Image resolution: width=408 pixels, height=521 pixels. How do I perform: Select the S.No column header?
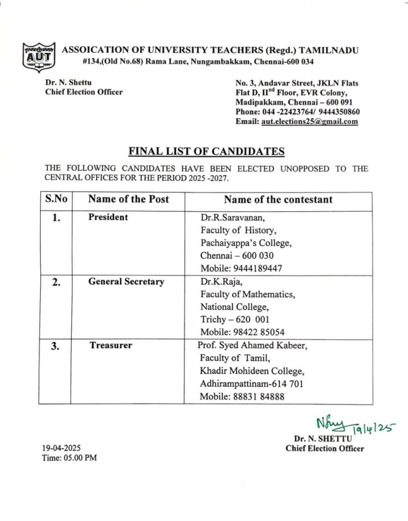(x=55, y=199)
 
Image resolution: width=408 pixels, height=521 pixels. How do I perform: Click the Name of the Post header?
(x=128, y=199)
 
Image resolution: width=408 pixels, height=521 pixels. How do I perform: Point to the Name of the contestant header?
(x=278, y=199)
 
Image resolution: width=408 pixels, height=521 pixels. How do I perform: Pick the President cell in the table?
(x=108, y=217)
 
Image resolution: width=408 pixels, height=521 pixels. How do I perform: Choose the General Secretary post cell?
(x=126, y=281)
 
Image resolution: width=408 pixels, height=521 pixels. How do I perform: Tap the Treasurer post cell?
(x=111, y=345)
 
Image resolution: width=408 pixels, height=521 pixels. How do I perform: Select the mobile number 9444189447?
(x=241, y=268)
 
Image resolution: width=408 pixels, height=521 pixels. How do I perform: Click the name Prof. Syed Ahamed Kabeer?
(x=253, y=345)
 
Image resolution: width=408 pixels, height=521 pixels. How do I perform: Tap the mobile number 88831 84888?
(x=242, y=397)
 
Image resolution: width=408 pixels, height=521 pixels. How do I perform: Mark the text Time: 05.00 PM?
(x=69, y=458)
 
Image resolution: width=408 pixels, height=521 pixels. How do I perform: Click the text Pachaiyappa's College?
(x=246, y=243)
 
